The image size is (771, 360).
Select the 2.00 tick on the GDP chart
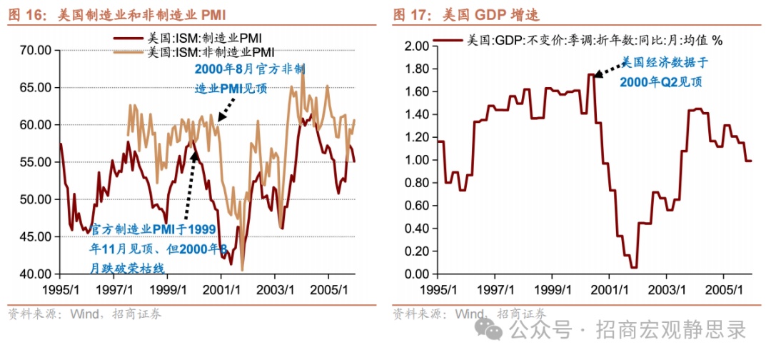pos(415,46)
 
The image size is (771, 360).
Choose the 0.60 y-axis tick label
pos(415,206)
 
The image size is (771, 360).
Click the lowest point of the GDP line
pos(633,267)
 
